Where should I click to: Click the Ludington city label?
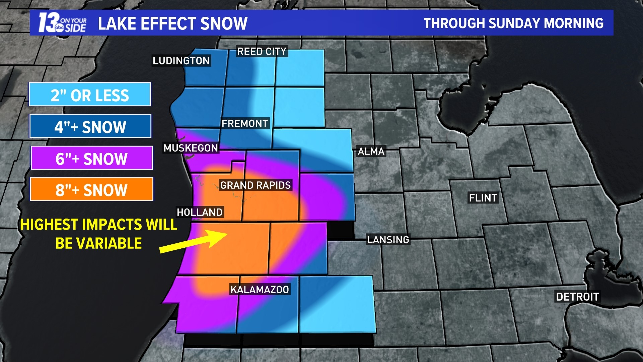[x=181, y=61]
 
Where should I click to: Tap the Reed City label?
[x=262, y=52]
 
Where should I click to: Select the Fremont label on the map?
[x=245, y=123]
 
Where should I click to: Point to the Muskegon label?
[x=191, y=148]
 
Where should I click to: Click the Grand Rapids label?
[x=256, y=185]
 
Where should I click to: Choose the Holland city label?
[x=200, y=212]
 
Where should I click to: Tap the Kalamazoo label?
[x=260, y=290]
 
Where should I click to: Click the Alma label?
[x=371, y=152]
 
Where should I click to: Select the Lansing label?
[x=388, y=240]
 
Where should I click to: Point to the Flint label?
[x=483, y=198]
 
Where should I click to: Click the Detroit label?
[x=577, y=297]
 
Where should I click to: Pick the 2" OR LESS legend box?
[x=90, y=95]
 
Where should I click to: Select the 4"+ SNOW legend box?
[x=90, y=127]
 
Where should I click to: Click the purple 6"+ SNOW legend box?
[x=91, y=158]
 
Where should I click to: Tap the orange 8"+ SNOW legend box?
[x=91, y=190]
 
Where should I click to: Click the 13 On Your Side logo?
[x=62, y=23]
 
